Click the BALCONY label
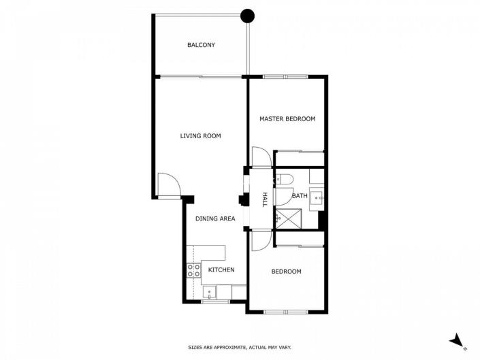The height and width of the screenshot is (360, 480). pyautogui.click(x=201, y=46)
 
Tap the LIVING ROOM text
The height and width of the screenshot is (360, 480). pyautogui.click(x=200, y=136)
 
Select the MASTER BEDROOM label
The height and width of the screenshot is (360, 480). pyautogui.click(x=287, y=119)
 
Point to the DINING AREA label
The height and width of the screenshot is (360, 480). pyautogui.click(x=215, y=218)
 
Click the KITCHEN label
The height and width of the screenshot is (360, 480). pyautogui.click(x=221, y=270)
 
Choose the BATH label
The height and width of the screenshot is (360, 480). pyautogui.click(x=300, y=196)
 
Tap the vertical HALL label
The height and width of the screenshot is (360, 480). pyautogui.click(x=265, y=199)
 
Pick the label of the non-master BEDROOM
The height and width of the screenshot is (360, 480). pyautogui.click(x=286, y=272)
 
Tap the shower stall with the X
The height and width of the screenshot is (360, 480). pyautogui.click(x=288, y=218)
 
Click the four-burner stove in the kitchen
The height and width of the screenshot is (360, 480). pyautogui.click(x=193, y=270)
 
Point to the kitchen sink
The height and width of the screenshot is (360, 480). pyautogui.click(x=210, y=293)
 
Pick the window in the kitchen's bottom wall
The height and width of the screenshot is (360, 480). pyautogui.click(x=214, y=301)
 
